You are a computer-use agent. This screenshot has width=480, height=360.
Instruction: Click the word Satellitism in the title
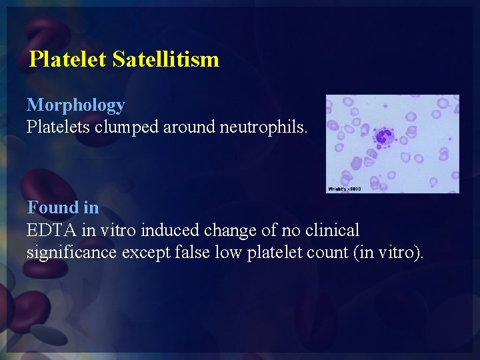tap(166, 59)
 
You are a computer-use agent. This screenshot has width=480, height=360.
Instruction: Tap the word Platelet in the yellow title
tap(68, 59)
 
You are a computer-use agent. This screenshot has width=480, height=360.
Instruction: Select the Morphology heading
tap(75, 105)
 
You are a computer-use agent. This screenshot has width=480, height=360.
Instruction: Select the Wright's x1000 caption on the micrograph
tap(344, 189)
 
